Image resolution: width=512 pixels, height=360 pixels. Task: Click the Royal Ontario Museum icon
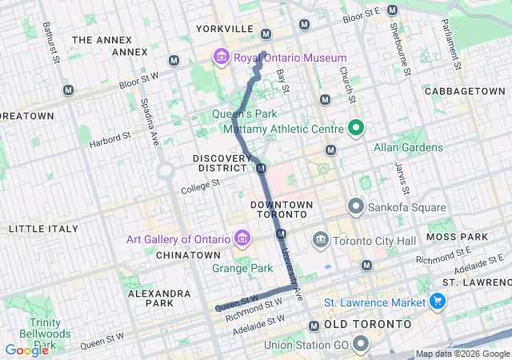[x=220, y=58]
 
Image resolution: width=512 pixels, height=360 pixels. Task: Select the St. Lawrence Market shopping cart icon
[x=437, y=302]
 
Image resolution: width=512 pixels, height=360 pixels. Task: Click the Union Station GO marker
[x=361, y=345]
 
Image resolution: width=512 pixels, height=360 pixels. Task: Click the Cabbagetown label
[x=464, y=92]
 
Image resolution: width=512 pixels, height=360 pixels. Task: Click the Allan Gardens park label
[x=408, y=148]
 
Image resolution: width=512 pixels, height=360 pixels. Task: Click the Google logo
[x=26, y=350]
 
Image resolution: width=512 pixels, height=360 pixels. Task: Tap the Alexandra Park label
[x=160, y=298]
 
